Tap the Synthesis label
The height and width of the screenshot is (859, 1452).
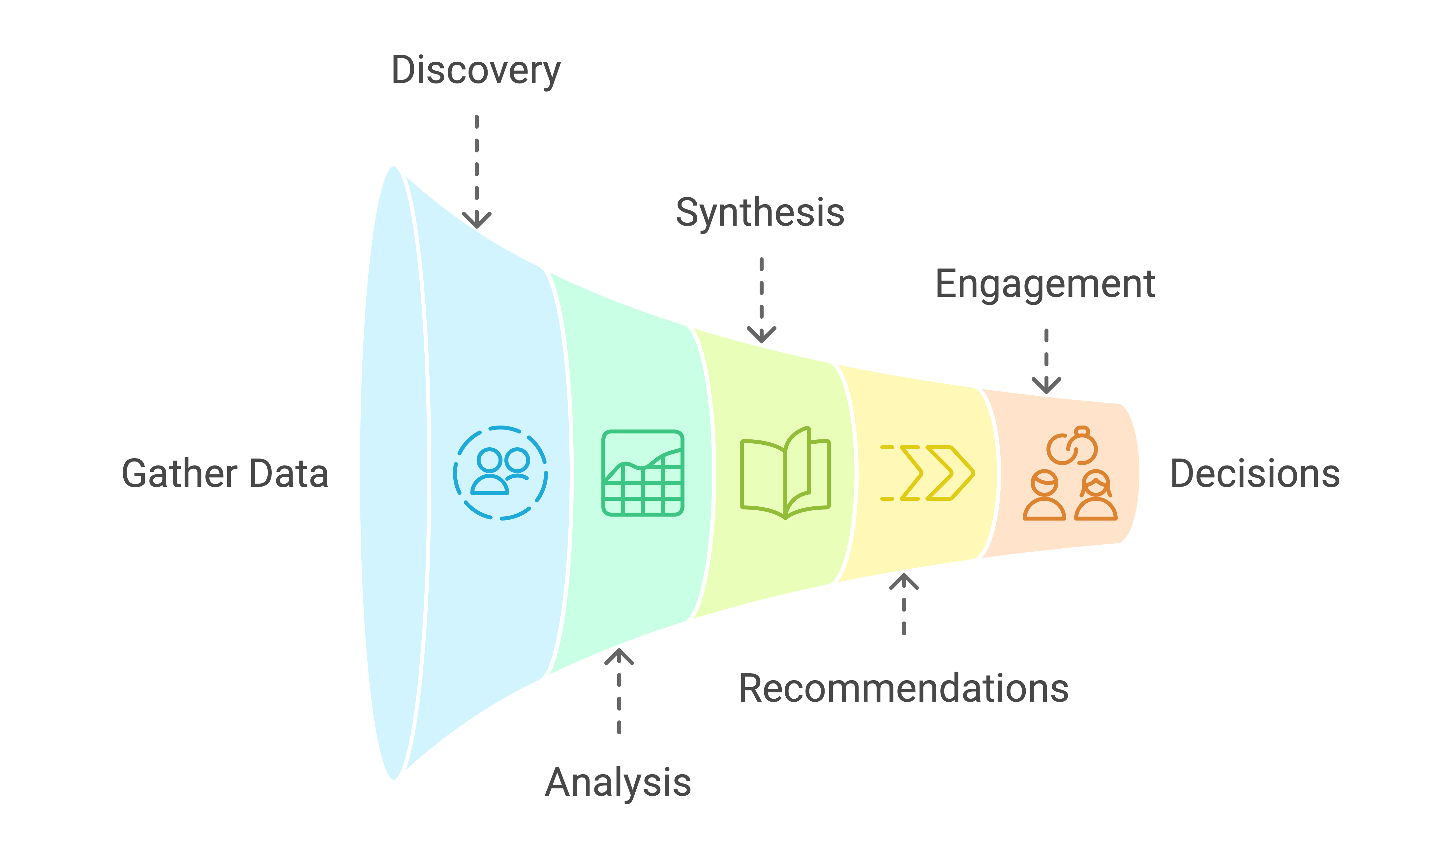click(760, 212)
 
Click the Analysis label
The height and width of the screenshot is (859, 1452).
click(618, 782)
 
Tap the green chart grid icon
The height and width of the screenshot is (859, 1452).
click(643, 473)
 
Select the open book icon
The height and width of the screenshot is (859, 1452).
click(785, 473)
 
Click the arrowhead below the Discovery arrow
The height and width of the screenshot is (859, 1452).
click(477, 221)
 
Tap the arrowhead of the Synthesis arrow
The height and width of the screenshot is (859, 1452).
click(761, 334)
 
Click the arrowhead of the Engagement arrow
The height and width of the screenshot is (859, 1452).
click(1046, 386)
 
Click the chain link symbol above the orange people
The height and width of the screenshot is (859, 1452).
click(1072, 446)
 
